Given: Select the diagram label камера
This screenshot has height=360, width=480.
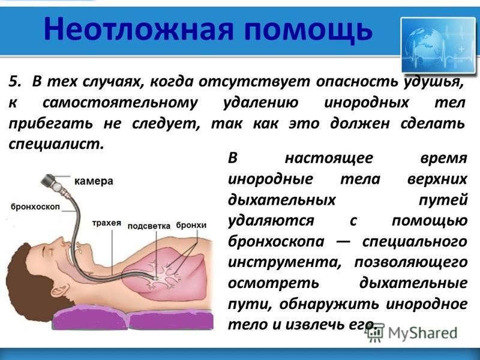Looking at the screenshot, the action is (94, 181).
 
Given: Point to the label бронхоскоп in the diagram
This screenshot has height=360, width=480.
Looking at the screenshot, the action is (35, 207).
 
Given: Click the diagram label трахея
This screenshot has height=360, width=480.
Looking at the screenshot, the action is (107, 223).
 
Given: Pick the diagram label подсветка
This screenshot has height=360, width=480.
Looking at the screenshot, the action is (149, 226).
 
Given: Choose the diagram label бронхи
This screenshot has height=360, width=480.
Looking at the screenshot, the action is (191, 226).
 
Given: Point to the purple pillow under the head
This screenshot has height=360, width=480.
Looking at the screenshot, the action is (90, 317).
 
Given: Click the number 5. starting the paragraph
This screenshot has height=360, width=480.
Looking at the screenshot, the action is (16, 82).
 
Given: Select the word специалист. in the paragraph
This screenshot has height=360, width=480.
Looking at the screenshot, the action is (56, 143).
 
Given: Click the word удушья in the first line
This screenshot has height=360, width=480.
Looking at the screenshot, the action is (433, 83).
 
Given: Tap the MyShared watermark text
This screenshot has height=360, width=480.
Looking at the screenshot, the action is (423, 333).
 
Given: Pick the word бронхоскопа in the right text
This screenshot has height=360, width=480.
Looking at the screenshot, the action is (276, 242).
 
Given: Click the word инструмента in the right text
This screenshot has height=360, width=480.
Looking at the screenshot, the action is (284, 263).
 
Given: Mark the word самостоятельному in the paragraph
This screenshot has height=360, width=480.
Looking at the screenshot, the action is (121, 103).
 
